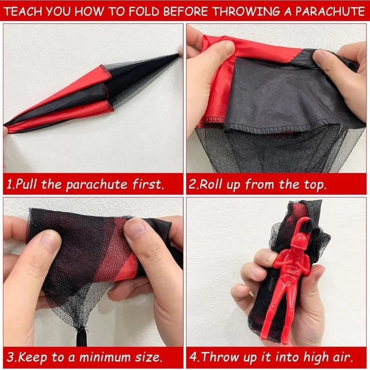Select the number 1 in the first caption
tap(9, 185)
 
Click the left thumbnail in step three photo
tap(47, 240)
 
